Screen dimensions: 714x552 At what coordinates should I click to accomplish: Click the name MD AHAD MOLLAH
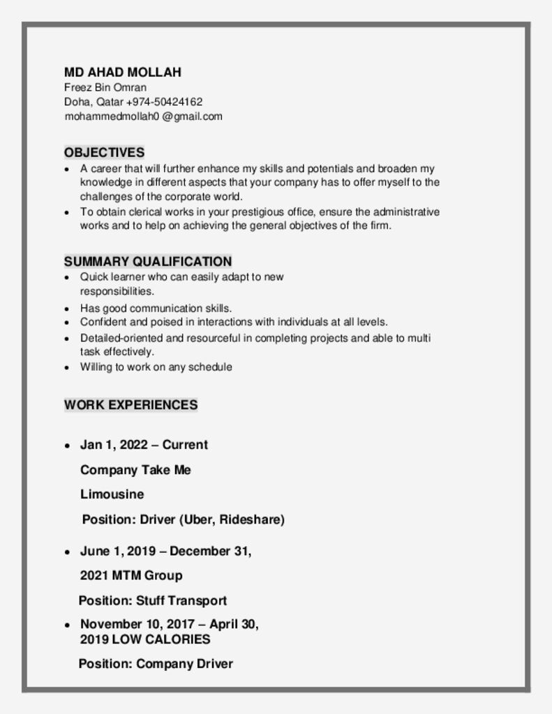click(x=122, y=73)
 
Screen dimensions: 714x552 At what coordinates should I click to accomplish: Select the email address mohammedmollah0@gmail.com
click(x=143, y=116)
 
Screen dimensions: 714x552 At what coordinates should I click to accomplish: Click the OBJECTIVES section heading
click(x=104, y=152)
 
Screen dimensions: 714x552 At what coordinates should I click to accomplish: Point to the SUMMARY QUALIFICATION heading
click(x=148, y=261)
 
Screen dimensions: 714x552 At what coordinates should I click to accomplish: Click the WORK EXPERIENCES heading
click(x=130, y=404)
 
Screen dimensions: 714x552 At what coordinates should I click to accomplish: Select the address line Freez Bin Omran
click(x=105, y=87)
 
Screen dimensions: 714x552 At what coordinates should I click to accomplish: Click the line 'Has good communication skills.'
click(x=156, y=307)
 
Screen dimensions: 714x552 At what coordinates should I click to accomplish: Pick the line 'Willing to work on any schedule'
click(x=156, y=367)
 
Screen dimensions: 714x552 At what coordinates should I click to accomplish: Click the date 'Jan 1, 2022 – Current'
click(x=144, y=445)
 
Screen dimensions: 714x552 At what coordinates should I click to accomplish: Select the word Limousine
click(x=112, y=494)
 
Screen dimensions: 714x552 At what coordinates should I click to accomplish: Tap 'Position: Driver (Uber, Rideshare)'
click(x=183, y=519)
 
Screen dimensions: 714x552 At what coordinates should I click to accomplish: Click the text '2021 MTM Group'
click(x=131, y=575)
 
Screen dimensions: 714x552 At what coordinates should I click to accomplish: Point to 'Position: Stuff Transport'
click(x=152, y=600)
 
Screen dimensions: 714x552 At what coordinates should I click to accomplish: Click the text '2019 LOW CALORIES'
click(x=145, y=639)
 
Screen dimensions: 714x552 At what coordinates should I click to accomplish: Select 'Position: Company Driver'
click(x=155, y=664)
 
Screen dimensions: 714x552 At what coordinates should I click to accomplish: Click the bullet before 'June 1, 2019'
click(x=66, y=552)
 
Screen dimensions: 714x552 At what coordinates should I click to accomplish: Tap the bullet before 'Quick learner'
click(x=66, y=278)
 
